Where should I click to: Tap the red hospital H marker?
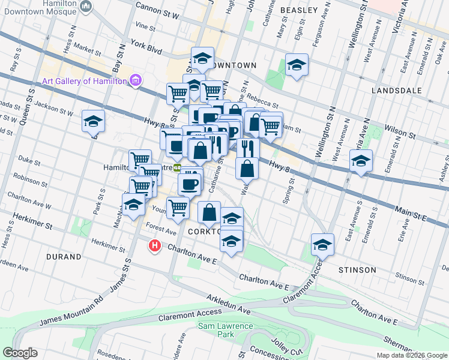pos(155,245)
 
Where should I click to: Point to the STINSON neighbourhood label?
pos(357,270)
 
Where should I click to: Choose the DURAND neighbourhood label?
pos(63,257)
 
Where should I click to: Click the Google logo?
pos(20,353)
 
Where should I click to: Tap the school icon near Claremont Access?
pos(322,245)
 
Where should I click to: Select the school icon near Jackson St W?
pos(93,122)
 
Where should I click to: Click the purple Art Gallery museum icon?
pos(136,80)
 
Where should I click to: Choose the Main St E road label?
pos(409,214)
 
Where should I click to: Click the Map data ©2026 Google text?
pos(411,355)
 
